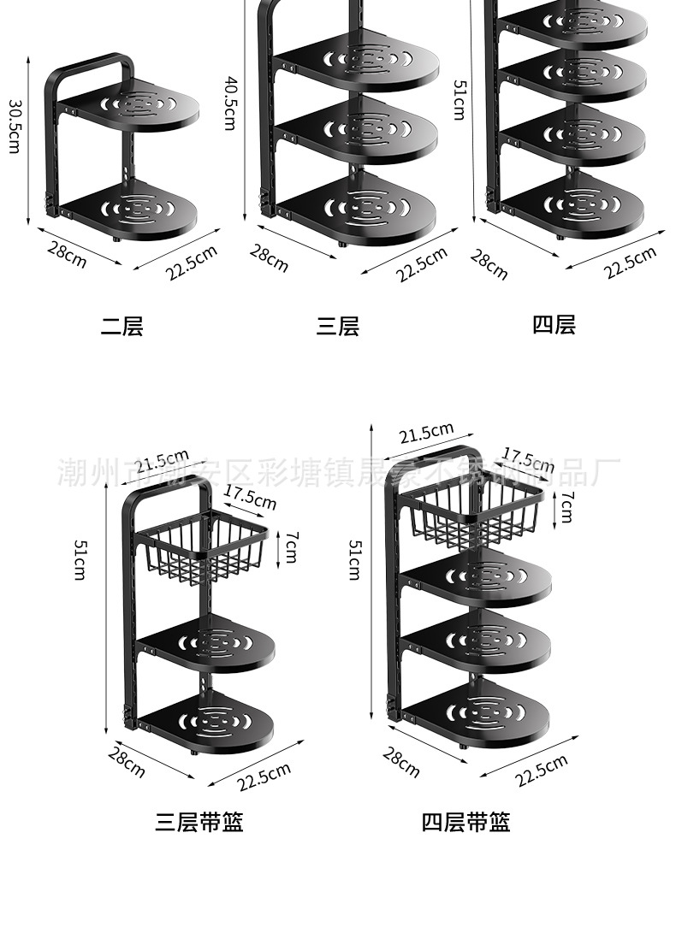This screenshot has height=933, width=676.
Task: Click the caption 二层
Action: [x=122, y=326]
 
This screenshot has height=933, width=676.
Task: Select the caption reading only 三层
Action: [x=338, y=326]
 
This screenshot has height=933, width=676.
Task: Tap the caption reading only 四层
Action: [x=554, y=324]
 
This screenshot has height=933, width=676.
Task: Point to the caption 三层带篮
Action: [x=199, y=822]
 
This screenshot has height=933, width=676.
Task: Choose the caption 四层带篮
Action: [x=465, y=822]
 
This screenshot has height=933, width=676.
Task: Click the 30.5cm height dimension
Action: [x=15, y=127]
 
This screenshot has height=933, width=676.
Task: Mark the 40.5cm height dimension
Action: [x=229, y=103]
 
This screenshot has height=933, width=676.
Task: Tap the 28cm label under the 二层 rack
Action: [x=68, y=255]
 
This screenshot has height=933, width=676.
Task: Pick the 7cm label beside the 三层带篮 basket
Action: [x=292, y=541]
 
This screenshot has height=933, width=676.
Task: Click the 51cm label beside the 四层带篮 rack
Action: [x=353, y=560]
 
